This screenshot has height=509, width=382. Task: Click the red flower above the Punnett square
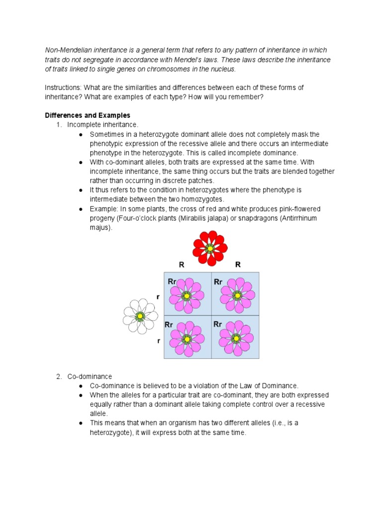210,248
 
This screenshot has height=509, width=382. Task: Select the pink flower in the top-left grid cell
187,296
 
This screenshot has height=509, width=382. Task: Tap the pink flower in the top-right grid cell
237,295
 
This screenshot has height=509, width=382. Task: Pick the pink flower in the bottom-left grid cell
187,339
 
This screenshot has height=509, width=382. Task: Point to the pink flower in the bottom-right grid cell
236,339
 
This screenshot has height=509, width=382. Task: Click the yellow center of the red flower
210,248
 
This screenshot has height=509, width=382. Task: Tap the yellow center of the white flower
140,316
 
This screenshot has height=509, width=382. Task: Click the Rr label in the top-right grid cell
218,282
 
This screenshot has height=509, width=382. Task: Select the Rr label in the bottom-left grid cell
169,325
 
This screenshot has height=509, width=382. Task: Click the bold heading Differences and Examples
88,115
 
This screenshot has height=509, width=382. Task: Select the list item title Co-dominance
90,376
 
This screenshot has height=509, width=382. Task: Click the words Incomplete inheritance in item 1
102,125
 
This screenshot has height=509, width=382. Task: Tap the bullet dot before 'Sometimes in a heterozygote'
81,134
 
